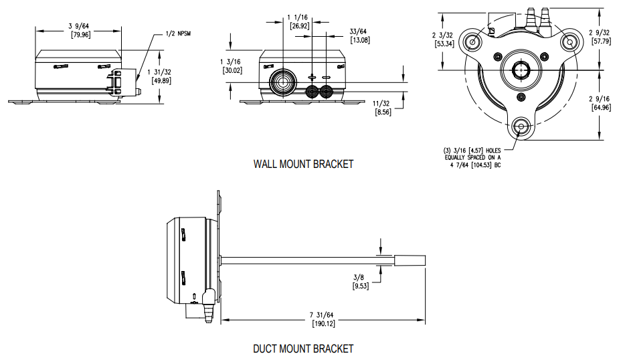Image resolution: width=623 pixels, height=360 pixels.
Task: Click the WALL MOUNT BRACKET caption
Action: click(303, 164)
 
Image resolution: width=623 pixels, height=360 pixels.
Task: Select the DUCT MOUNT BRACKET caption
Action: click(302, 349)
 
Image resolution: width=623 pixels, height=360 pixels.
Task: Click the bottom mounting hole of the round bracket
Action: click(521, 126)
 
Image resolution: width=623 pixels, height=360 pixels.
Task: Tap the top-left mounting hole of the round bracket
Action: click(473, 41)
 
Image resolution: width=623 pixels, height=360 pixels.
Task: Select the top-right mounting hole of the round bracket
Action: click(569, 41)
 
